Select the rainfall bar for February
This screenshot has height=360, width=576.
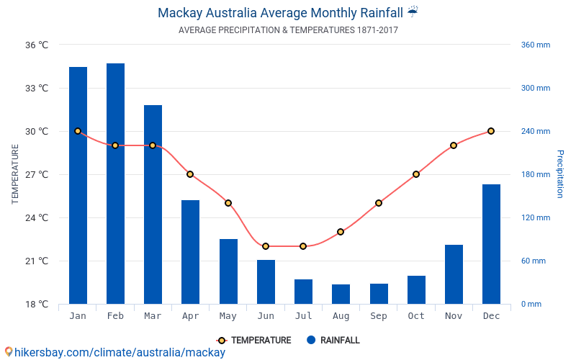pyautogui.click(x=115, y=184)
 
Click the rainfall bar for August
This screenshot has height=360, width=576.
pyautogui.click(x=341, y=294)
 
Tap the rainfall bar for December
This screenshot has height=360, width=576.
pyautogui.click(x=491, y=244)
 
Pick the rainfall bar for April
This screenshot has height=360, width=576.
pyautogui.click(x=190, y=252)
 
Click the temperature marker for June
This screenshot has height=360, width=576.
pyautogui.click(x=266, y=246)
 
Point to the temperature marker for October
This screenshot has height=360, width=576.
pyautogui.click(x=416, y=174)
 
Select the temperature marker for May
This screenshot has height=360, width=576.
pyautogui.click(x=228, y=203)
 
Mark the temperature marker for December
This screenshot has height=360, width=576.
pyautogui.click(x=491, y=131)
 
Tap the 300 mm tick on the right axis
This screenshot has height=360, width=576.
pyautogui.click(x=535, y=88)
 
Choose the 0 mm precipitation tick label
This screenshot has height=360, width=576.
pyautogui.click(x=531, y=304)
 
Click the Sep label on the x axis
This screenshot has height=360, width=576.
pyautogui.click(x=379, y=316)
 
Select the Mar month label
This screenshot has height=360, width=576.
pyautogui.click(x=153, y=316)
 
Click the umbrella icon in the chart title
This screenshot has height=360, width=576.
pyautogui.click(x=413, y=12)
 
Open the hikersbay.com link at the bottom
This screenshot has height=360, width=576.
pyautogui.click(x=115, y=352)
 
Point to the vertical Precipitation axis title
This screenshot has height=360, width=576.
pyautogui.click(x=559, y=174)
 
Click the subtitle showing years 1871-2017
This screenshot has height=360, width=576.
pyautogui.click(x=288, y=30)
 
